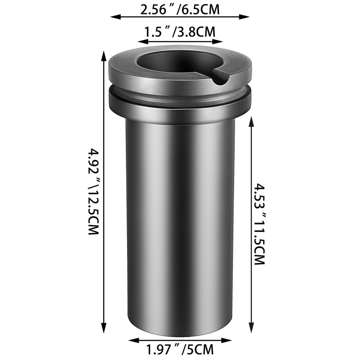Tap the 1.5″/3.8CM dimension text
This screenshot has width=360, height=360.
tap(180, 32)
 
